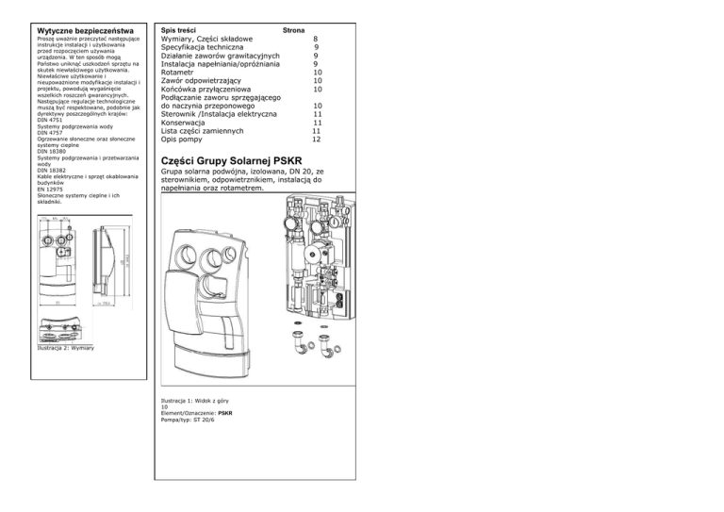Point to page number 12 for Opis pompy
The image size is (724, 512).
tap(317, 139)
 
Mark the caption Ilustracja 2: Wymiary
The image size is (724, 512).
tap(66, 350)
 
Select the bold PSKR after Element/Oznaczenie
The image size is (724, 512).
tap(225, 414)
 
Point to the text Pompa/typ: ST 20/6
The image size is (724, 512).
tap(189, 420)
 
